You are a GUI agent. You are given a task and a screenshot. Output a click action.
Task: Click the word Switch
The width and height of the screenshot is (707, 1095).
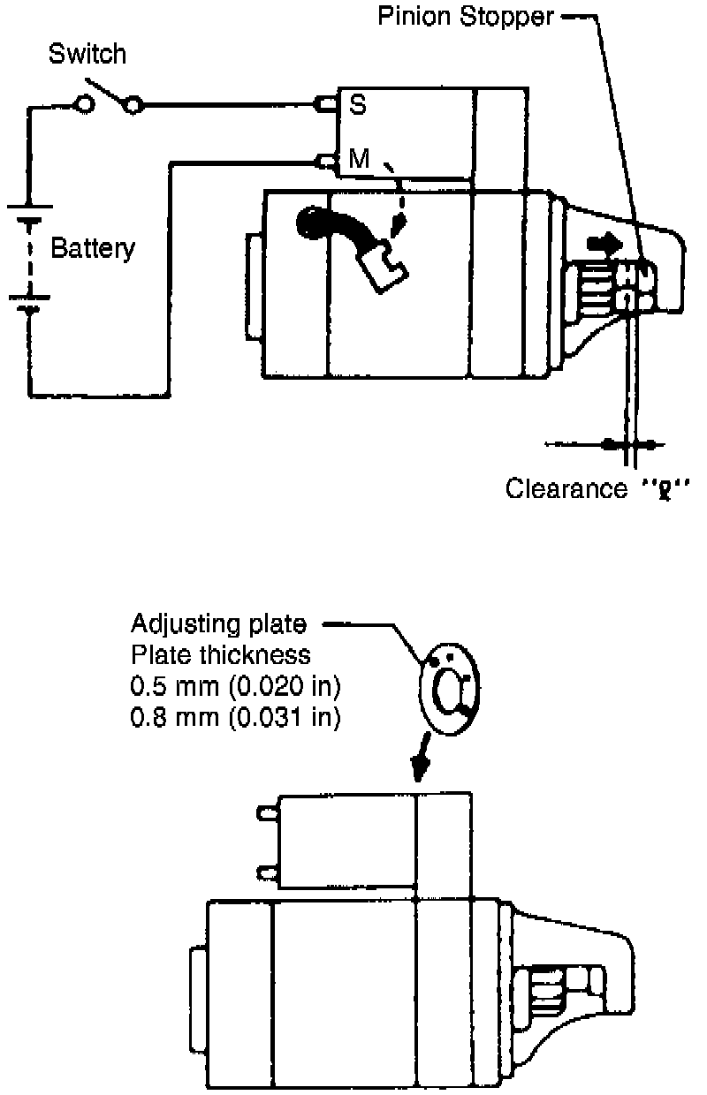coord(87,54)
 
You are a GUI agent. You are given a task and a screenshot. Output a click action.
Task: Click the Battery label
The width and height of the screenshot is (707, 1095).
coord(93,248)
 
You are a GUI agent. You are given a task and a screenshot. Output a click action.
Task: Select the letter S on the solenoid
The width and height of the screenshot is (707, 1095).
coord(358,105)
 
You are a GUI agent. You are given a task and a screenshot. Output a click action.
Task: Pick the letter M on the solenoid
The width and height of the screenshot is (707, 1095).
coord(359,160)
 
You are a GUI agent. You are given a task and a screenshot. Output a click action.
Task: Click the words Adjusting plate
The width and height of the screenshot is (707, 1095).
coord(218,625)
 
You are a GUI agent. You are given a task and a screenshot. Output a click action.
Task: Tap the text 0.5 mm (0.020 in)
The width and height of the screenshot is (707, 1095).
coord(235,686)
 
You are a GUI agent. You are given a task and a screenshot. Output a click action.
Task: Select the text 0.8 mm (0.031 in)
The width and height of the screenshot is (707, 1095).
coord(235,717)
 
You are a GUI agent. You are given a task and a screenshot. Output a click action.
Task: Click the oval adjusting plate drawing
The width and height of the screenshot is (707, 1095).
coord(449,686)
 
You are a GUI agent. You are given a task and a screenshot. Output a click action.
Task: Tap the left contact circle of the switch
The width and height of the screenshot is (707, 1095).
coord(86,106)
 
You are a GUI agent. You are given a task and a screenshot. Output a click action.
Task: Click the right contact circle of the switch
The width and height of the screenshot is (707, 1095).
coord(133,106)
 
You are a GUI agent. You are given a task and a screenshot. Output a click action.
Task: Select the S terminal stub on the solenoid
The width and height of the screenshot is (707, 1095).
coord(326,105)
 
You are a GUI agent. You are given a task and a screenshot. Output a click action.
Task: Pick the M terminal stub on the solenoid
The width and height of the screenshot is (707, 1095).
coord(326,161)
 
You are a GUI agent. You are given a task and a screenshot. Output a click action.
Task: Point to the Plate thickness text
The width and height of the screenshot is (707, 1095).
coord(220,656)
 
